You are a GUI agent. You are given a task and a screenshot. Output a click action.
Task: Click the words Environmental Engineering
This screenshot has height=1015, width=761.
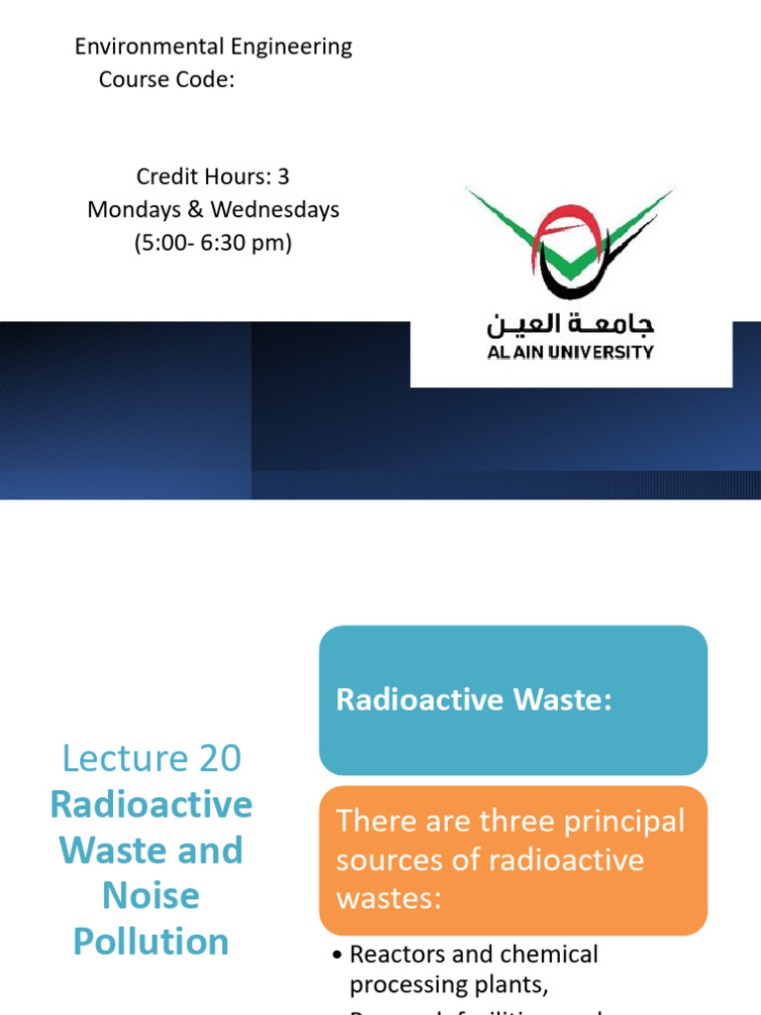pos(213,47)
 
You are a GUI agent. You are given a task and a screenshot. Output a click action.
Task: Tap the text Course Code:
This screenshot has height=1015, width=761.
pos(166,79)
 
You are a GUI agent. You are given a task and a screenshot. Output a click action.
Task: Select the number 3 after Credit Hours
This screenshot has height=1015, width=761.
pos(283,176)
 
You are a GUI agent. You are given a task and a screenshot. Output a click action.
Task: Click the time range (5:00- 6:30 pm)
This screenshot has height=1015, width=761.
pos(213,243)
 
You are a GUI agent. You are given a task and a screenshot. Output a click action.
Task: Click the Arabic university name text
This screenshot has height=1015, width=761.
pos(570,324)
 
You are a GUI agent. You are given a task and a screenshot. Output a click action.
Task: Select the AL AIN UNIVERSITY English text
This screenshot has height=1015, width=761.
pos(570,352)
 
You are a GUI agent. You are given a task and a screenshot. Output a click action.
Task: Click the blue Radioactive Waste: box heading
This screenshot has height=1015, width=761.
pos(475,700)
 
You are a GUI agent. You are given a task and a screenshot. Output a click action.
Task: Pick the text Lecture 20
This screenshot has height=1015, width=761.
pos(152,758)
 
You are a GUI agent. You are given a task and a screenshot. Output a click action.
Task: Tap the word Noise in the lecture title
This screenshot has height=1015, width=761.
pos(151,896)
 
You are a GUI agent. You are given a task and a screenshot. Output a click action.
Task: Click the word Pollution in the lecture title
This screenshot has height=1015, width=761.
pos(151,942)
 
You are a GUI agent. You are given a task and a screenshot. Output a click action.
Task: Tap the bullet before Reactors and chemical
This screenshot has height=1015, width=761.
pos(338,956)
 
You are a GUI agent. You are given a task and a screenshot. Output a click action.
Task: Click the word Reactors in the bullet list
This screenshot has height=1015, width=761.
pos(396,955)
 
